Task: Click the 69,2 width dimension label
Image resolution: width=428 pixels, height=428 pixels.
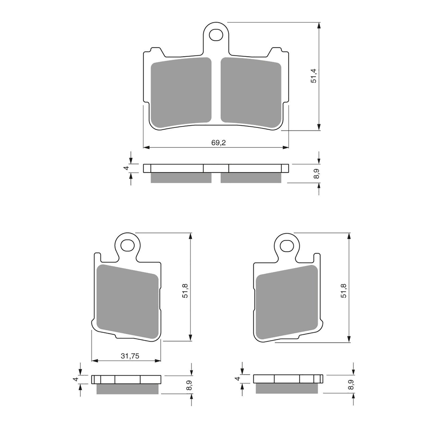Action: [x=218, y=143]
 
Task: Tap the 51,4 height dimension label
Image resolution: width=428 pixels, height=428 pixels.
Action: [x=313, y=76]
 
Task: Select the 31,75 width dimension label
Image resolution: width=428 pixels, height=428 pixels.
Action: [x=130, y=356]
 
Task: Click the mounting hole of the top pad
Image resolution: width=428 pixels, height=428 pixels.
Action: [x=216, y=35]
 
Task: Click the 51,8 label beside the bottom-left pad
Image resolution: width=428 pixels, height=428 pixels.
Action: [x=185, y=291]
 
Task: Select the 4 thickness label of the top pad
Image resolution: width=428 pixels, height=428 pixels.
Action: [x=126, y=168]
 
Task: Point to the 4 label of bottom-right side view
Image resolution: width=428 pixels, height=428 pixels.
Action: [x=237, y=379]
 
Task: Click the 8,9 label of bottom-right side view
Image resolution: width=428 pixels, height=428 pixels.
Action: [x=351, y=385]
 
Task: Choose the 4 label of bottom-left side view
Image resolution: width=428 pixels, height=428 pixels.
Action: [x=76, y=379]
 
